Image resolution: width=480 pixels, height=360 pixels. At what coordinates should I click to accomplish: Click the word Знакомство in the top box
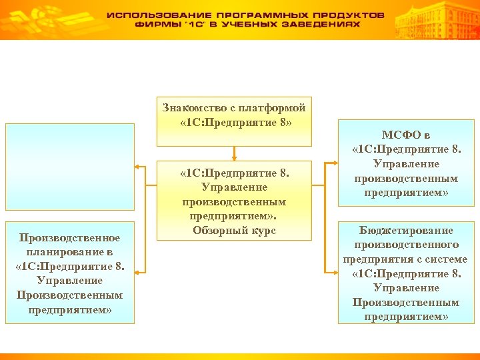point(193,108)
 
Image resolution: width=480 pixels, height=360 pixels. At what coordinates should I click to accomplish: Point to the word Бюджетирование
point(406,231)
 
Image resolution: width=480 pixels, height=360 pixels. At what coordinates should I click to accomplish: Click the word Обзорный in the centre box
point(221,231)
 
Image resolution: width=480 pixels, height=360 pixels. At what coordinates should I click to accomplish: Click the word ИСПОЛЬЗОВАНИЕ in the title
point(156,15)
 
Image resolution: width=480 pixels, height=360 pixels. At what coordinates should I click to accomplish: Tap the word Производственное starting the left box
point(69,238)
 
